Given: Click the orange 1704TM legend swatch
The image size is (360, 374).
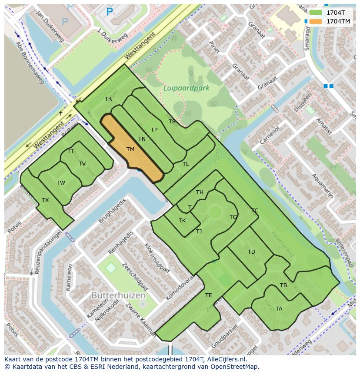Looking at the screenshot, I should pos(316,21).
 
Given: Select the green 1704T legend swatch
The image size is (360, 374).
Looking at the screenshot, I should pos(316,13).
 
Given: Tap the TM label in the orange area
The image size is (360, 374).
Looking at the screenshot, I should pos(130,149).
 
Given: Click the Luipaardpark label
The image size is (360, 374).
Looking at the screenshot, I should pos(186,88).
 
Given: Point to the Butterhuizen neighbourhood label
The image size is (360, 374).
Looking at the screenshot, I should pos(118,295).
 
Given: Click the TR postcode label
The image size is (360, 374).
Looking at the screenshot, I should pos(108,99).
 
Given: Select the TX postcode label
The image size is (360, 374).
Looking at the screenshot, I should pos(45,200).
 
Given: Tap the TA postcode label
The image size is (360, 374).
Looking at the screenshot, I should pos(279,309).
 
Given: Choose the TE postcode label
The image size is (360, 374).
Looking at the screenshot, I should pos(208,295).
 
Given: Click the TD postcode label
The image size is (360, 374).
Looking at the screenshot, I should pos(251,252).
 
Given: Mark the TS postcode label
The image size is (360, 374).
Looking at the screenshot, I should pos(172,122).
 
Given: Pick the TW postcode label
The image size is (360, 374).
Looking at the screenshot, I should pos(60,183).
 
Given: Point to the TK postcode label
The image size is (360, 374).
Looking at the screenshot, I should pos(182,221).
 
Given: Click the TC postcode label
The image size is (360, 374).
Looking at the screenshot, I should pos(255,211).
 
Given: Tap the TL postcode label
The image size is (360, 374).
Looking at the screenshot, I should pos(186,164).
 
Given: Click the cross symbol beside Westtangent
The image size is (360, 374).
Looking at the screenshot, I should pos(61,113).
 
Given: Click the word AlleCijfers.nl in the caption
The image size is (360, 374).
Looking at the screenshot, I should pos(227,359).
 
